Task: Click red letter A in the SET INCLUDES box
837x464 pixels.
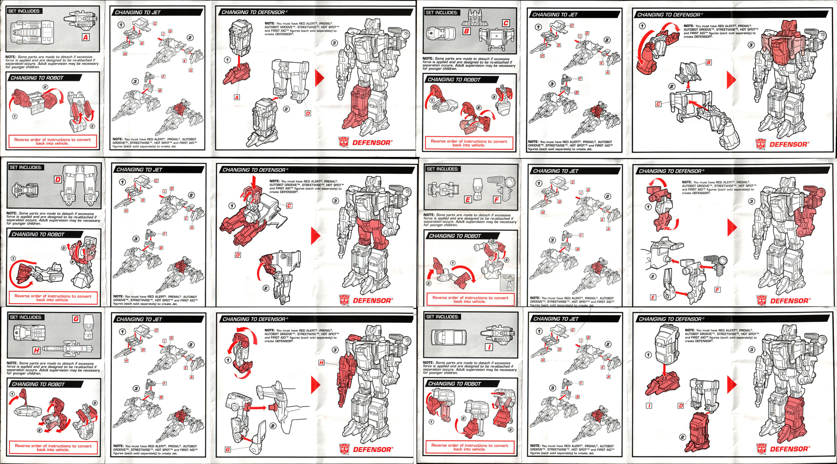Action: (x=85, y=37)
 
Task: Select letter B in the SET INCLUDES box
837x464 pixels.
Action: (x=466, y=31)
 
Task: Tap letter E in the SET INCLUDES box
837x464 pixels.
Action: (x=468, y=200)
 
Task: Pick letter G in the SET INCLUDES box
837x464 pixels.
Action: (x=76, y=319)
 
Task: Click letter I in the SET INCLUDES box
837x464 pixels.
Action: (x=489, y=347)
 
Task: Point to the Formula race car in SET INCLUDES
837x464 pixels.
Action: (x=444, y=190)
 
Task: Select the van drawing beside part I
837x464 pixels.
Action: (x=448, y=337)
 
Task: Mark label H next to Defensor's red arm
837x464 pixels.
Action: (x=321, y=363)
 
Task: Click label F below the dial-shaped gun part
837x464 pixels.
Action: (x=718, y=290)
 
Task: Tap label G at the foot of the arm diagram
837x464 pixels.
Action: (x=228, y=449)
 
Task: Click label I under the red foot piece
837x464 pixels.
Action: (x=649, y=406)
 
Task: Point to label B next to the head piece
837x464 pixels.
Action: (x=709, y=62)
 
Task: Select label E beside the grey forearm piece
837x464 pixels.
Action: (x=653, y=297)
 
